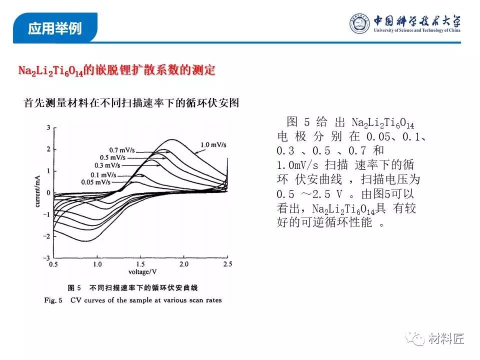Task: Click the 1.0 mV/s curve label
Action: tap(213, 145)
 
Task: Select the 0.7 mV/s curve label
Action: tap(122, 150)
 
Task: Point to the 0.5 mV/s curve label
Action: tap(112, 157)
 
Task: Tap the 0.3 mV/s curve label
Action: tap(107, 165)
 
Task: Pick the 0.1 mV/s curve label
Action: tap(103, 175)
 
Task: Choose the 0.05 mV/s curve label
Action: tap(96, 182)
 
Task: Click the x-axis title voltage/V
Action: tap(142, 272)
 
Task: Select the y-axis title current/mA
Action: tap(37, 191)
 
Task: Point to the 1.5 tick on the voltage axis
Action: tap(140, 264)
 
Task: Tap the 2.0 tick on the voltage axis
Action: tap(184, 264)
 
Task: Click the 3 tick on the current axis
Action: tap(48, 127)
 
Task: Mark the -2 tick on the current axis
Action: tap(46, 236)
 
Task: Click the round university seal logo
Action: tap(359, 23)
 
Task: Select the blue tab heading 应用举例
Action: tap(55, 28)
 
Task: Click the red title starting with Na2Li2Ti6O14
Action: tap(116, 70)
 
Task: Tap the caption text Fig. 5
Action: tap(53, 300)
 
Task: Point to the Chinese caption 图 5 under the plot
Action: tap(74, 288)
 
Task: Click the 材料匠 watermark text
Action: tap(446, 338)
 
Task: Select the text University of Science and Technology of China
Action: tap(417, 30)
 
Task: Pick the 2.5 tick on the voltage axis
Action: tap(228, 264)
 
